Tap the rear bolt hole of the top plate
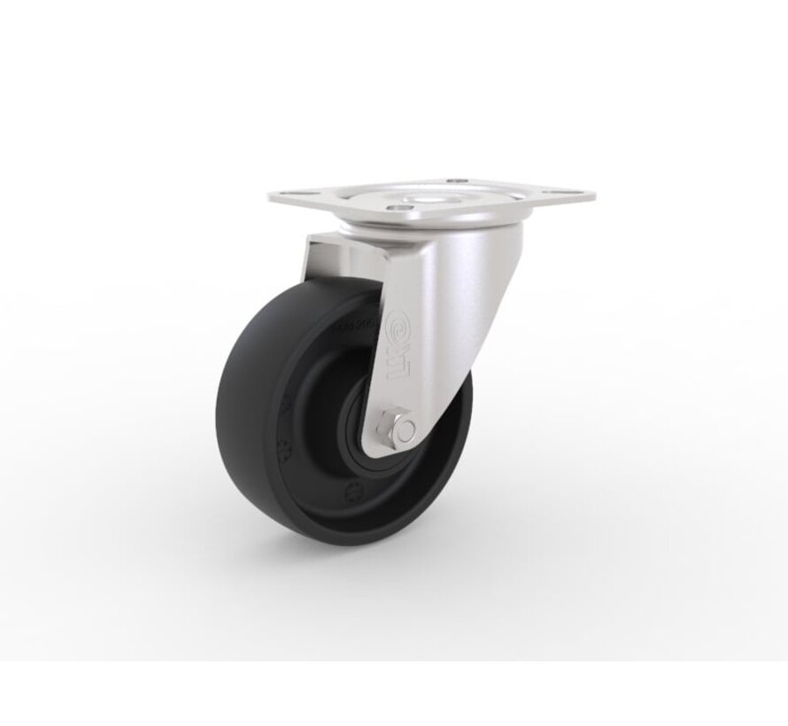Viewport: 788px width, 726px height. [x=455, y=181]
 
